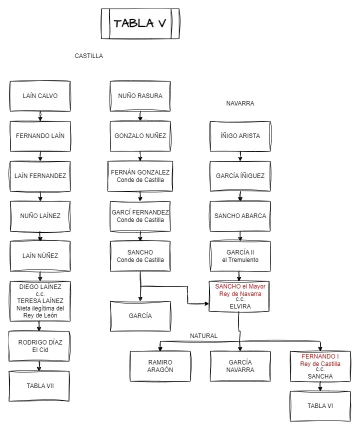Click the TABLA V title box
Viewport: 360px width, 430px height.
[139, 23]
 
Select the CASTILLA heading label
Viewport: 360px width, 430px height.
[89, 56]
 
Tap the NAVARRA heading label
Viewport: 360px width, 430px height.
[240, 103]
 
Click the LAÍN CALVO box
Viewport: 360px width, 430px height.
[40, 95]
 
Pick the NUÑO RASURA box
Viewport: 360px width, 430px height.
[140, 95]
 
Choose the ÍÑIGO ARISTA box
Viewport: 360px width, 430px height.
[240, 135]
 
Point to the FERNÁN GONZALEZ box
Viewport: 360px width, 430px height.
[140, 175]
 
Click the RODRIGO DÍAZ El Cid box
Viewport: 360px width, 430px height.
[40, 346]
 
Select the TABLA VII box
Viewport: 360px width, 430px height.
[40, 385]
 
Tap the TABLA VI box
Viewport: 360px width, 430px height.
[320, 405]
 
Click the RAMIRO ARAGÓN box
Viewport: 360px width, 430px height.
[160, 366]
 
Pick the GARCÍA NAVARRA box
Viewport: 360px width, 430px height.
[240, 366]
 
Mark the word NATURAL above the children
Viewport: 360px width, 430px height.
[203, 336]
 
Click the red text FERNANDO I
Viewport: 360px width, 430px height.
[320, 357]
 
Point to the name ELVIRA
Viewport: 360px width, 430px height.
[240, 306]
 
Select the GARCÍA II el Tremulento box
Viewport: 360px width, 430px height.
[240, 255]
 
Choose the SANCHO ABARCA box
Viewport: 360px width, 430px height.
[240, 216]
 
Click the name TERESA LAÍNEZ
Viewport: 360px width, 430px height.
[40, 301]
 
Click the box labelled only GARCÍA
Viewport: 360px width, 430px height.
[140, 315]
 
